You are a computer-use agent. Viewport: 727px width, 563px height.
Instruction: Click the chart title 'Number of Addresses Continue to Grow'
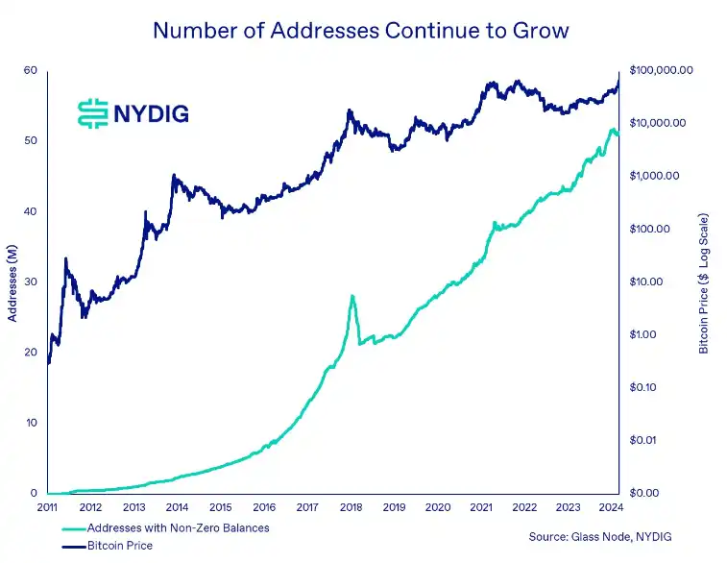[x=361, y=30]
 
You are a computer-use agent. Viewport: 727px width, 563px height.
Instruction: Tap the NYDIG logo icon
[x=92, y=112]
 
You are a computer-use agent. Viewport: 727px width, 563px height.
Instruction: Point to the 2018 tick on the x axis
[x=351, y=506]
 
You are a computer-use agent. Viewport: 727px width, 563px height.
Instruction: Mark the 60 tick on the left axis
[x=31, y=70]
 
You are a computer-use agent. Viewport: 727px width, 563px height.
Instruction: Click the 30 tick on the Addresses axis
[x=31, y=281]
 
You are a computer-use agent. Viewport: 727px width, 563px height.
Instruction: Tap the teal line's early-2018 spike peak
[x=352, y=296]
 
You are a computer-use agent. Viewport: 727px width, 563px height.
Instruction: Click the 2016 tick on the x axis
[x=264, y=506]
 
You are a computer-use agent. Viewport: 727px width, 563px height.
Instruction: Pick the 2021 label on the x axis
[x=481, y=506]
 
